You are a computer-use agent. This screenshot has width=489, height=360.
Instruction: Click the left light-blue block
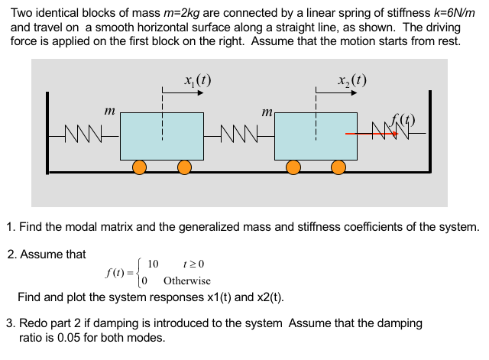pyautogui.click(x=161, y=137)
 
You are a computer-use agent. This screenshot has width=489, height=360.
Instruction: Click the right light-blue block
pyautogui.click(x=316, y=137)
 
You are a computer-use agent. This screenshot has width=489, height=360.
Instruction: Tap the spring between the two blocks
pyautogui.click(x=239, y=138)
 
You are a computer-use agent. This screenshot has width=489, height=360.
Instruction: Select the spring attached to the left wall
pyautogui.click(x=85, y=138)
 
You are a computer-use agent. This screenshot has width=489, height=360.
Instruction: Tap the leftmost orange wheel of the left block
pyautogui.click(x=139, y=167)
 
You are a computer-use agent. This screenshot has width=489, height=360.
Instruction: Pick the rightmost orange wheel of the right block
pyautogui.click(x=338, y=167)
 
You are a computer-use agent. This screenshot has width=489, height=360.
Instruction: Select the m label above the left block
pyautogui.click(x=108, y=112)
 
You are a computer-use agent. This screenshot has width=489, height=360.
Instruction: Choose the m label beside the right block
pyautogui.click(x=267, y=112)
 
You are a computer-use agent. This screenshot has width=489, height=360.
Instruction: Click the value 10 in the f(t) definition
pyautogui.click(x=152, y=264)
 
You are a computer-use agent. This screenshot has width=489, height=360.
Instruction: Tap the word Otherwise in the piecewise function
pyautogui.click(x=187, y=281)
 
